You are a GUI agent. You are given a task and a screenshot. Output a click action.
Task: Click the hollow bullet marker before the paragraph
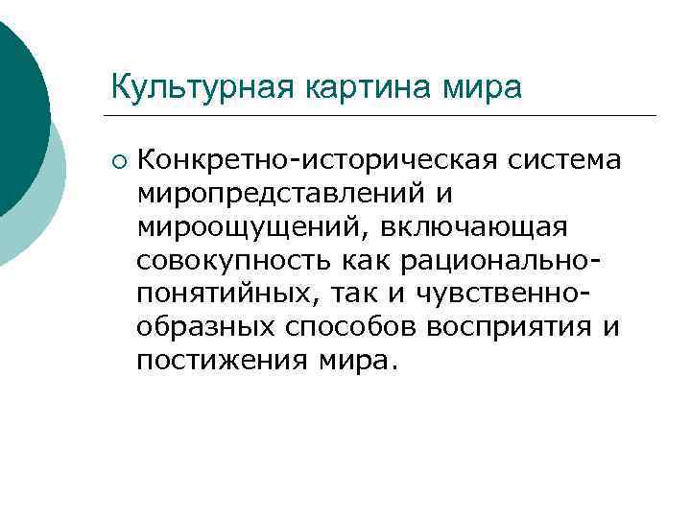click(x=118, y=158)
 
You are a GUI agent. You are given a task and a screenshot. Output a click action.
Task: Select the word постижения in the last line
click(x=223, y=361)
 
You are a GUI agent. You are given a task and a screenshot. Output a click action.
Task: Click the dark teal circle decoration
click(x=19, y=106)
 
